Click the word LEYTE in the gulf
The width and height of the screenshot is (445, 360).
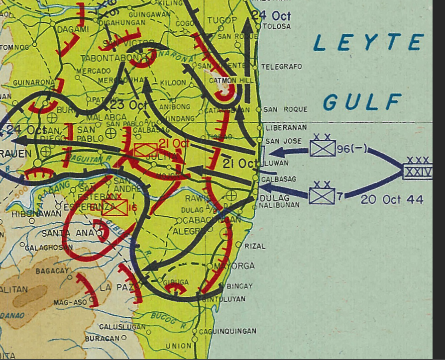(368, 44)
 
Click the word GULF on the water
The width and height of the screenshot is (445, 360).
(362, 102)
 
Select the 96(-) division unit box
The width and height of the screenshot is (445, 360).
(322, 148)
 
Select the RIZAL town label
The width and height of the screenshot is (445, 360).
(254, 246)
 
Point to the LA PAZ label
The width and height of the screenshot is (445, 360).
(111, 287)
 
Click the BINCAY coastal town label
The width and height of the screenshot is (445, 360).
(239, 286)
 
